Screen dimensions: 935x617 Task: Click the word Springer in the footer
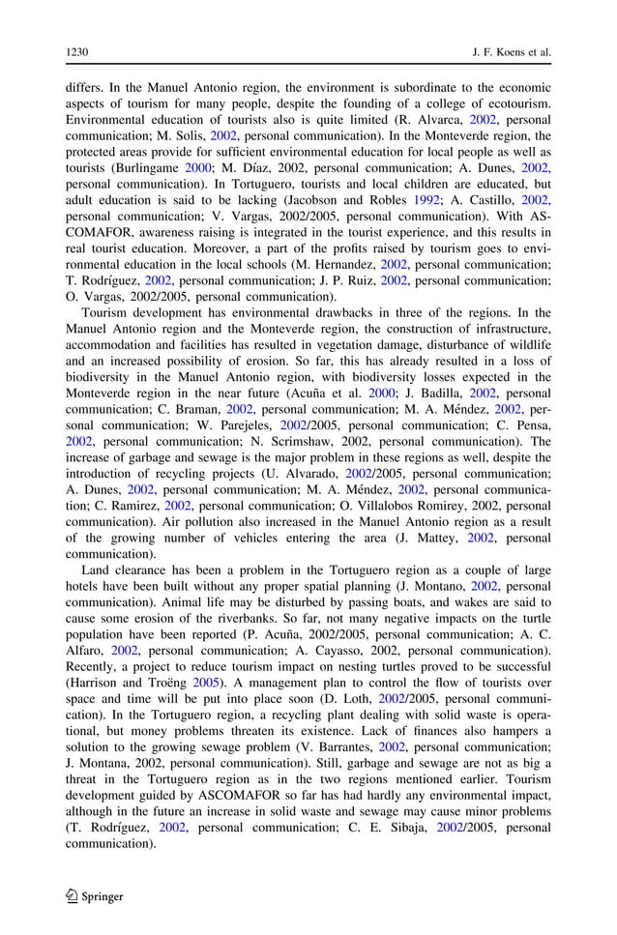point(103,896)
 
